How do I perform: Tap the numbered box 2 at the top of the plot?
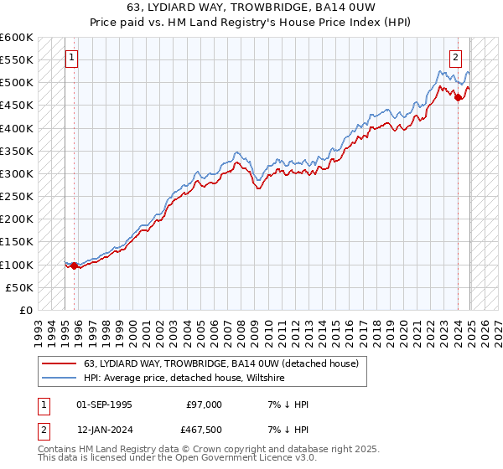(x=454, y=59)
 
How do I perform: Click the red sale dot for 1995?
(x=75, y=265)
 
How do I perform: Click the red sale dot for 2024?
(x=459, y=98)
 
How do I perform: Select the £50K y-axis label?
(x=20, y=288)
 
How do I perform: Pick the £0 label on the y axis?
(x=27, y=311)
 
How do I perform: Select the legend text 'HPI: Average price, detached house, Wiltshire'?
(x=184, y=379)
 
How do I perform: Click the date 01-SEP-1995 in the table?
(x=104, y=405)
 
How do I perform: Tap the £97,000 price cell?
(x=205, y=405)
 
